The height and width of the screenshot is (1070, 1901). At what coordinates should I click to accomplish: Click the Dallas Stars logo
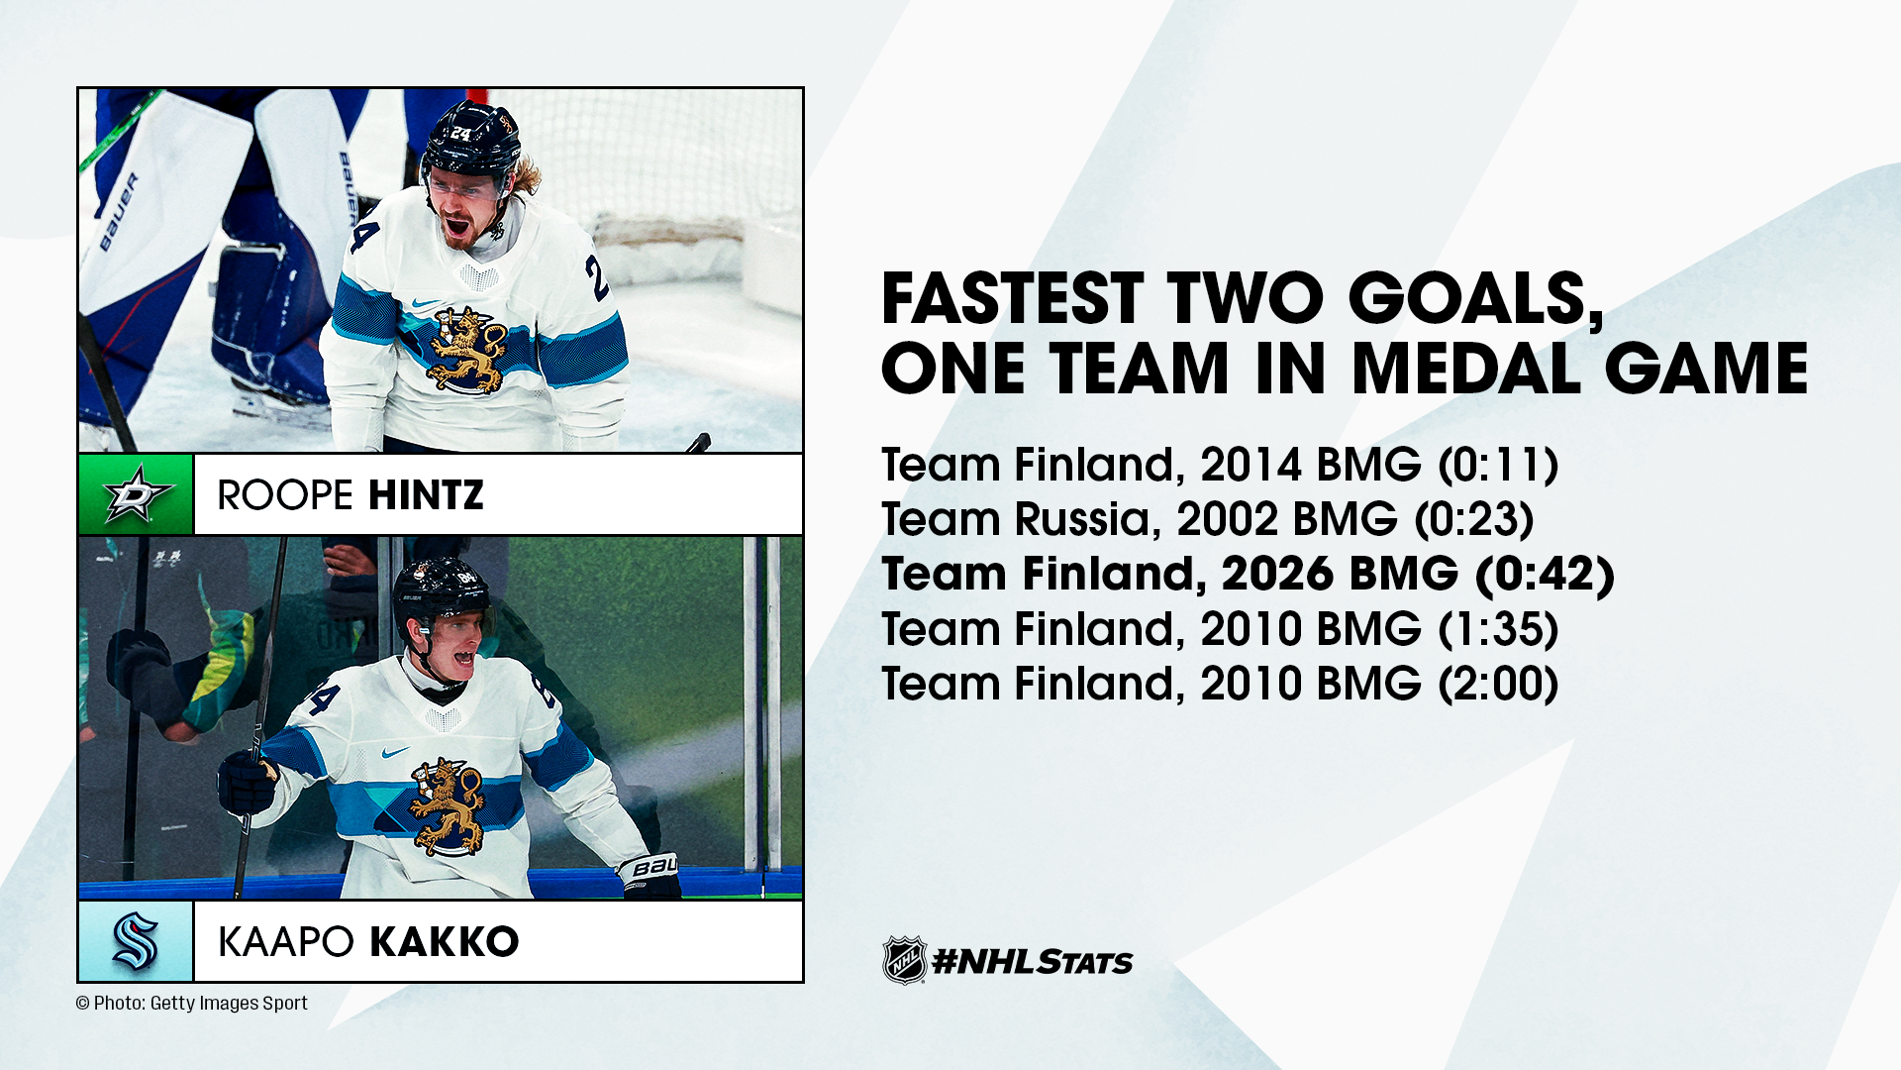pos(137,494)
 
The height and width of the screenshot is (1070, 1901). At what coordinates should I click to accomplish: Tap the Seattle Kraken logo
pos(136,941)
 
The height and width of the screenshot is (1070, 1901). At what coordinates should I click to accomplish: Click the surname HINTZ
pos(425,495)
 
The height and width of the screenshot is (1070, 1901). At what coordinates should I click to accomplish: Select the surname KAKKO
pos(444,942)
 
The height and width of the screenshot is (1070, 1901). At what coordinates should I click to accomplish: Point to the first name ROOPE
pos(285,495)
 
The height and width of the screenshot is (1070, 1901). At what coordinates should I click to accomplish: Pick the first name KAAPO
pos(286,942)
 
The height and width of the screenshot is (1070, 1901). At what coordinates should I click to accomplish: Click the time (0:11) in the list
pos(1498,465)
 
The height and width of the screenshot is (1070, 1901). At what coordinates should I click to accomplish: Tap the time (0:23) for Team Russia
pos(1474,519)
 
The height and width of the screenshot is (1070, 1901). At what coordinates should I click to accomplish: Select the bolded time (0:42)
pos(1545,574)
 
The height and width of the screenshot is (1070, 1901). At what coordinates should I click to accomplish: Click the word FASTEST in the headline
pos(1013,298)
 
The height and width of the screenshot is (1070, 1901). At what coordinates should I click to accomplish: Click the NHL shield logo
pos(904,960)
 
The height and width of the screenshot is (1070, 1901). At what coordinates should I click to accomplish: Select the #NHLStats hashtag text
pos(1033,961)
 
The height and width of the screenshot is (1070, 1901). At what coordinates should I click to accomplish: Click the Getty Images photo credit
pos(192,1003)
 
